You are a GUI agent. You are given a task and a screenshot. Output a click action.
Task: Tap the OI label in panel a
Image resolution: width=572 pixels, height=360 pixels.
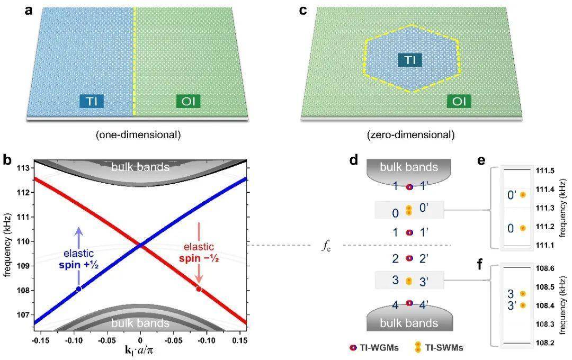(188, 101)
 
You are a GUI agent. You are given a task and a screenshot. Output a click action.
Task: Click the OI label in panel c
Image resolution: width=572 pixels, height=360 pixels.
(459, 101)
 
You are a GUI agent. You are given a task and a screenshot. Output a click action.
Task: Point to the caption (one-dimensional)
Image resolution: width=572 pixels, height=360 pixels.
(138, 135)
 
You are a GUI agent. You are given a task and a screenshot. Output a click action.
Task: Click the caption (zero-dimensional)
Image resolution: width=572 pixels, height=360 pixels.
(410, 135)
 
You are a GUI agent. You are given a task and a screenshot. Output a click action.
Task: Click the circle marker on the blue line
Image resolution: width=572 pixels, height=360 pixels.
(79, 289)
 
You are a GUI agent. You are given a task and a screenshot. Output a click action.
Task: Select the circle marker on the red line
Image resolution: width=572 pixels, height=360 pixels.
(199, 289)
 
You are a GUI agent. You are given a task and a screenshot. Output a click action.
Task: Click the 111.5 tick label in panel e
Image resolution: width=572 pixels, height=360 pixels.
(548, 171)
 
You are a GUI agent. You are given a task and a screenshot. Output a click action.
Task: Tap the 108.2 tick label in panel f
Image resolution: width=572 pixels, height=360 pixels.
(548, 343)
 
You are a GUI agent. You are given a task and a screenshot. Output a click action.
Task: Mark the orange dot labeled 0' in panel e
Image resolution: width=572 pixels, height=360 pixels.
(523, 195)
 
